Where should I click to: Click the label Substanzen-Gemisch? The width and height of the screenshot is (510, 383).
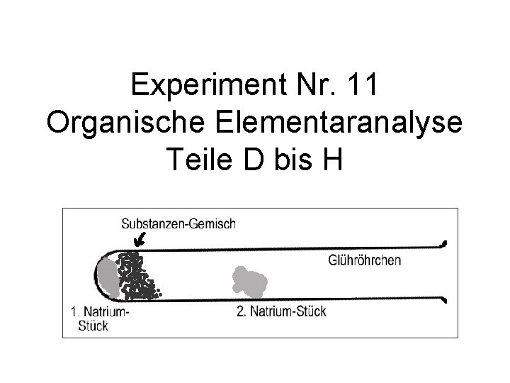point(179,223)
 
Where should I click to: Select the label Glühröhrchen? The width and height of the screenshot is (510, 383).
point(365,260)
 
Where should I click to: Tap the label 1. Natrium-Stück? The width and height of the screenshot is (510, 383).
point(100,317)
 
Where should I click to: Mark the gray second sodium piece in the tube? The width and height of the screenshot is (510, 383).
point(249,281)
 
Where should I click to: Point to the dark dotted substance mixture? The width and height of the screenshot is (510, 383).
point(137,275)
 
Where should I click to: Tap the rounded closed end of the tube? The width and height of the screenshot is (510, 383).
point(97,272)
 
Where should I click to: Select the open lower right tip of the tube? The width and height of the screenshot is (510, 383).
point(444,301)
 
